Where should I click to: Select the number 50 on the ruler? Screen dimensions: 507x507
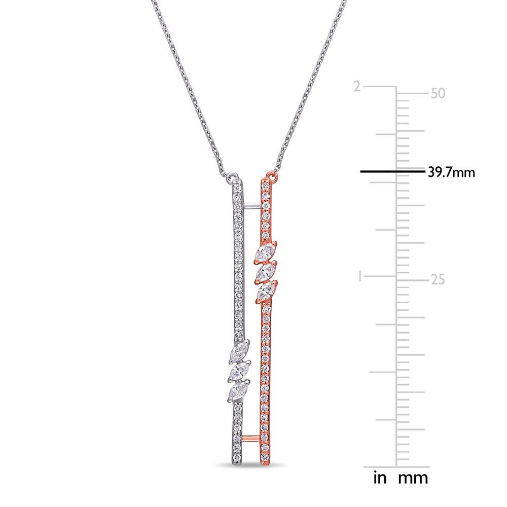click(437, 94)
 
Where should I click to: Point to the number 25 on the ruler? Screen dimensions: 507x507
click(437, 279)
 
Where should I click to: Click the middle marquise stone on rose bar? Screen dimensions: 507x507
click(265, 273)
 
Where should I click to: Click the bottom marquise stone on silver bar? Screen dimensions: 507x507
click(238, 391)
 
